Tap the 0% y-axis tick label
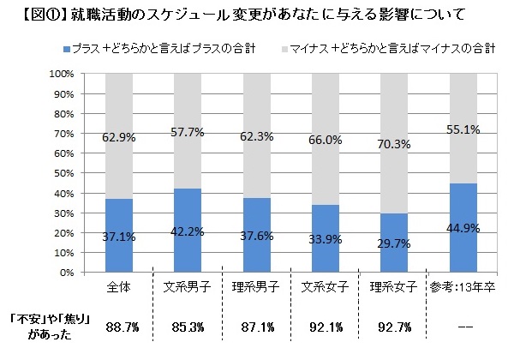(68, 273)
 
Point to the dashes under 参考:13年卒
(464, 327)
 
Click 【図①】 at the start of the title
(25, 15)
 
